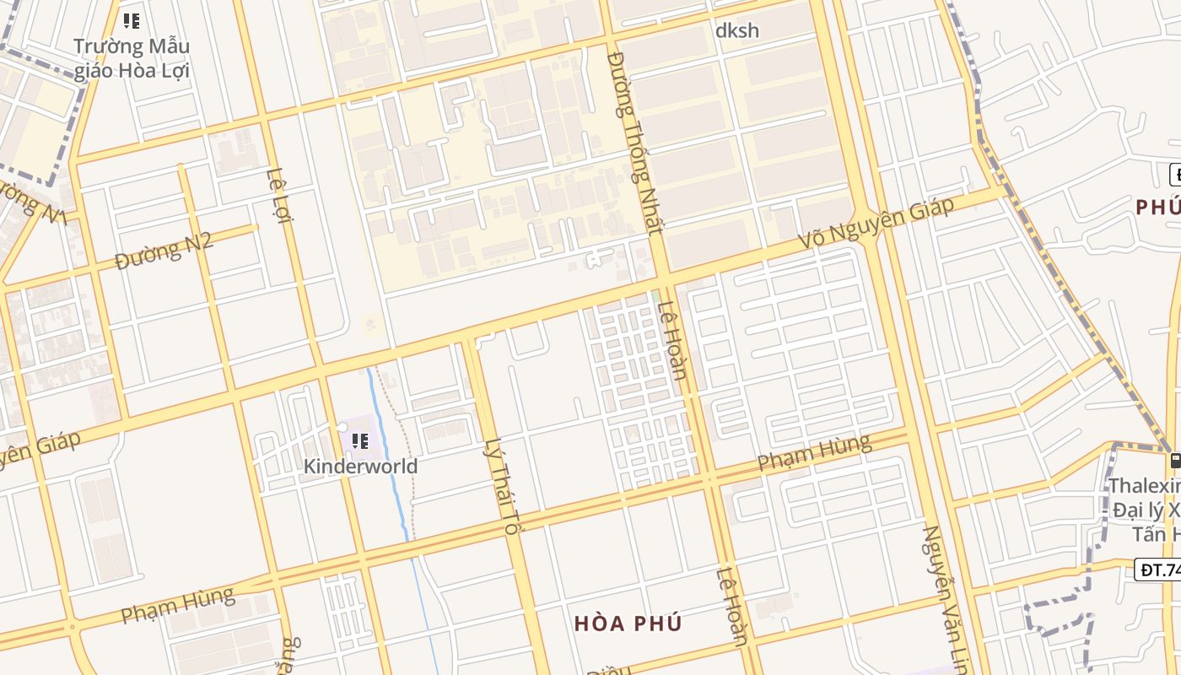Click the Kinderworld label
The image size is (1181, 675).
click(x=360, y=466)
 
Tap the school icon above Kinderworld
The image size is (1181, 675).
click(x=360, y=441)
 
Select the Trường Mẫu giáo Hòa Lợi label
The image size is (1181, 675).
click(x=132, y=58)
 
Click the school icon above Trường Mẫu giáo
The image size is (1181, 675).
click(x=131, y=20)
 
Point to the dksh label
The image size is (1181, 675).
click(x=736, y=31)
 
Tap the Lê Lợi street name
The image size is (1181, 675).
click(x=278, y=195)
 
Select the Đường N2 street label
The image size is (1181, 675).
click(x=164, y=251)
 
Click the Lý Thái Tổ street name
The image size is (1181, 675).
click(x=500, y=487)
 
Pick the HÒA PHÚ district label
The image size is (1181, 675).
click(x=628, y=624)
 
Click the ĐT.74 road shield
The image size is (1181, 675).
click(x=1158, y=570)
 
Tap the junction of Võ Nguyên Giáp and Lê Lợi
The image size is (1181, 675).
click(x=319, y=369)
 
